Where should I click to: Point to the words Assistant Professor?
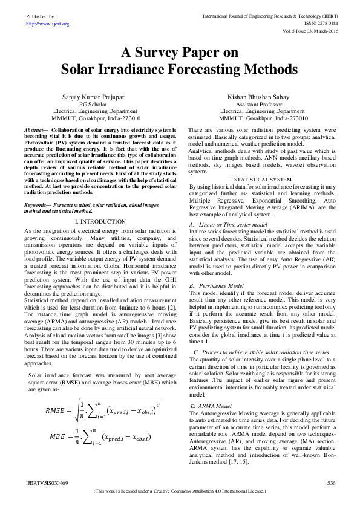262,104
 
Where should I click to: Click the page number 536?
331,483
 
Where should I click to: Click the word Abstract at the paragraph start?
35,130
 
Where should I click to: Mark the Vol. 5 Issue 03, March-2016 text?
309,30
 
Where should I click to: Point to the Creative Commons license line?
180,491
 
